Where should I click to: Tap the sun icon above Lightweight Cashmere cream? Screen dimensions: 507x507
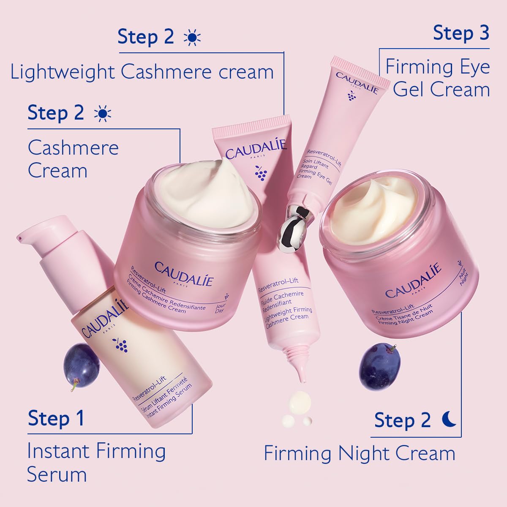(x=192, y=38)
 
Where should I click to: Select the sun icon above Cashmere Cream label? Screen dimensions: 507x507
(x=103, y=114)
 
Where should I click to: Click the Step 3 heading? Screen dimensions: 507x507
(x=461, y=33)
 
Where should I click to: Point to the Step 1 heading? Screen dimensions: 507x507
(x=56, y=418)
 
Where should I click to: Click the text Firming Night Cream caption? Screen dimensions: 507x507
(x=360, y=454)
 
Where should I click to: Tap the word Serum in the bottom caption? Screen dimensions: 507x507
(x=57, y=474)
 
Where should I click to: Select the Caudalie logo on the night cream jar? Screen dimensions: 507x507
(x=413, y=281)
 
